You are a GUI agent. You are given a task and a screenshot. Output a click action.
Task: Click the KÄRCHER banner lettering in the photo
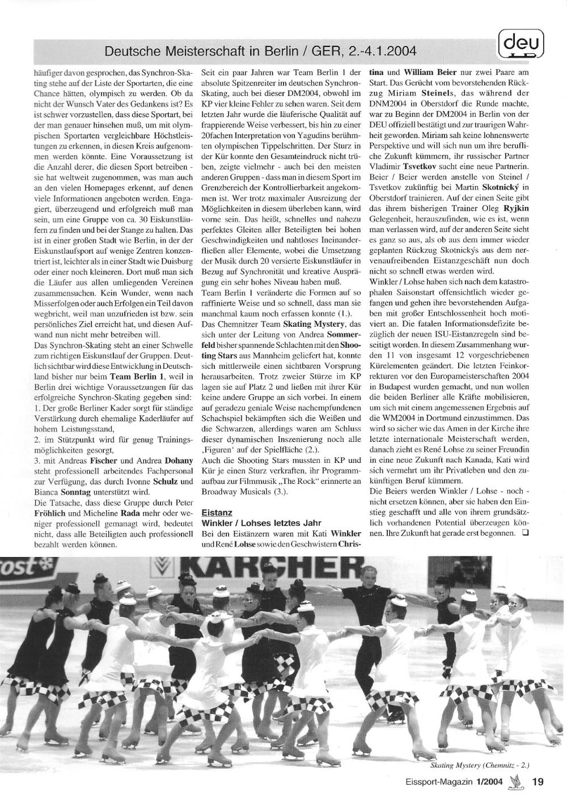[272, 567]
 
